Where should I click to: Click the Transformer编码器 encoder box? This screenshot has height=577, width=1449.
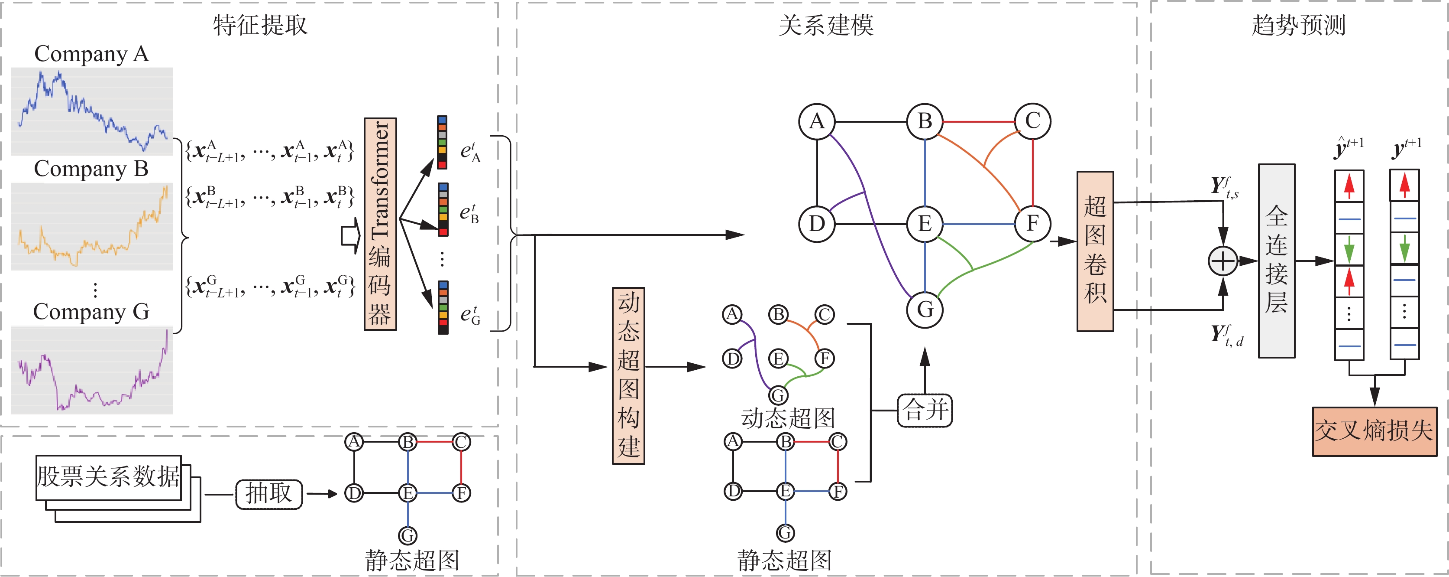coord(380,224)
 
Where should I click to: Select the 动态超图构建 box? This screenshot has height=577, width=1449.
coord(628,375)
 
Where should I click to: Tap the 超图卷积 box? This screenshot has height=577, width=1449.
coord(1095,251)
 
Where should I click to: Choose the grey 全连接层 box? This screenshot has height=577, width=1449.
coord(1276,261)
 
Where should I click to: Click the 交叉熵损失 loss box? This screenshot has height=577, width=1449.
coord(1374,431)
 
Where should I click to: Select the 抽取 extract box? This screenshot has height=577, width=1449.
coord(269,494)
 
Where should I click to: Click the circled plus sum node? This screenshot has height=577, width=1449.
coord(1223,261)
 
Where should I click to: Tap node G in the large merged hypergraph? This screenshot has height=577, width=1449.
coord(925,309)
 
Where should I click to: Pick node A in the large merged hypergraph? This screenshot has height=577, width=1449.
coord(817,121)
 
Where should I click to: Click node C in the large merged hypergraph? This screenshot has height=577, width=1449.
coord(1032,121)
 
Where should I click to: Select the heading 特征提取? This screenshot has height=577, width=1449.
coord(260,25)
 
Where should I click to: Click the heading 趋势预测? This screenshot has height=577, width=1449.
coord(1298,25)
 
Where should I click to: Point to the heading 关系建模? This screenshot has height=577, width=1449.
coord(826,25)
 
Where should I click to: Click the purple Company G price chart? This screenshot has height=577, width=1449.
coord(92,370)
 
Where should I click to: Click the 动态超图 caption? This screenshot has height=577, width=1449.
coord(787,418)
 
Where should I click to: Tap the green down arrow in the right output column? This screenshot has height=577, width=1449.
coord(1404,249)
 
